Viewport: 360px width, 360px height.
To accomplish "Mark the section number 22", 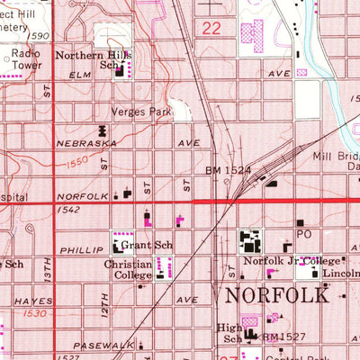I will click(211, 29).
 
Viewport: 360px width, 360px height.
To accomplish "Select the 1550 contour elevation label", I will click(78, 164).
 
